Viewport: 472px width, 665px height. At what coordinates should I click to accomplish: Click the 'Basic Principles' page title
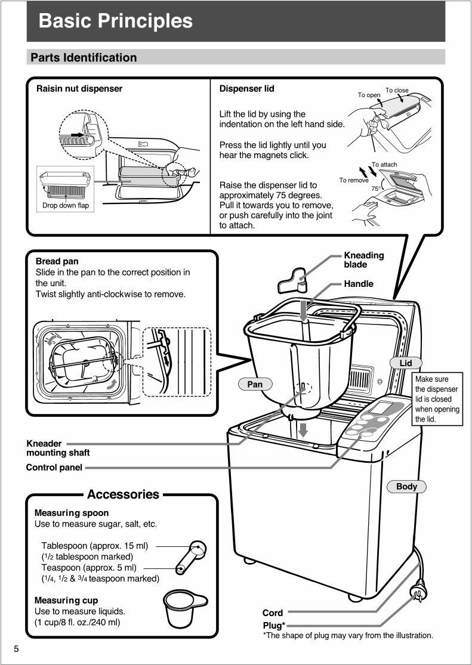tap(115, 21)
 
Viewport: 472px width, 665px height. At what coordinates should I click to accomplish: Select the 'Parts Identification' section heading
tap(84, 58)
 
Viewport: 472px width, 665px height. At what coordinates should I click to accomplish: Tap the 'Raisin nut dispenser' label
tap(79, 89)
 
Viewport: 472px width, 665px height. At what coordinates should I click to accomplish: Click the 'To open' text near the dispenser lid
tap(369, 95)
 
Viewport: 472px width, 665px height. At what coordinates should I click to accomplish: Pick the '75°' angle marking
tap(376, 188)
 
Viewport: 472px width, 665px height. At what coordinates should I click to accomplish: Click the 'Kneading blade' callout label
tap(363, 259)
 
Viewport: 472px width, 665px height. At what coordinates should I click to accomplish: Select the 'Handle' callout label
tap(358, 284)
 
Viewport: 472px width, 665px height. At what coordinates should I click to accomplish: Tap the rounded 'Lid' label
tap(406, 363)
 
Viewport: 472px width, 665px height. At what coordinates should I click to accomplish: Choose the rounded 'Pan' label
tap(255, 385)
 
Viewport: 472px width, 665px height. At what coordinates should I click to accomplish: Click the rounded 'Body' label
tap(407, 487)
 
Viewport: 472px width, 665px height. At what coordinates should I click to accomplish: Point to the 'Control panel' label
tap(54, 468)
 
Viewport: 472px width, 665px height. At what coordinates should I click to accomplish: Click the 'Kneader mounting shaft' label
tap(57, 448)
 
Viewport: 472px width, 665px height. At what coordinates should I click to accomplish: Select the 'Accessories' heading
tap(123, 494)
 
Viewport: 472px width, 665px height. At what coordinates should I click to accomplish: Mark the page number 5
tap(17, 649)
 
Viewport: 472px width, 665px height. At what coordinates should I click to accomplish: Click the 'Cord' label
tap(273, 613)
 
